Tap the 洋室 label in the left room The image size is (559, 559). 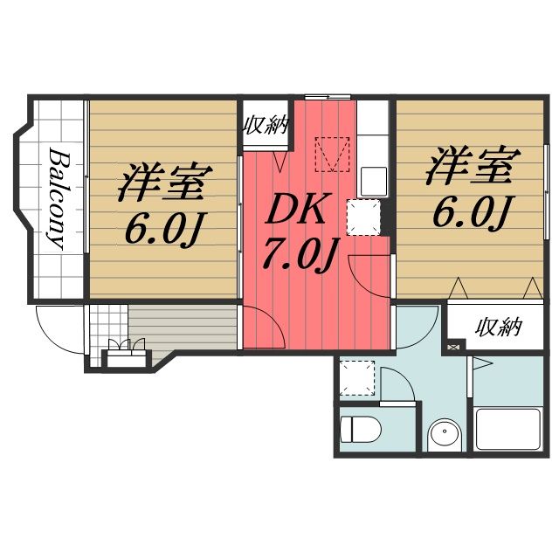click(163, 183)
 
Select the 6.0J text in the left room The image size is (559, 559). click(163, 229)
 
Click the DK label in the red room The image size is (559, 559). click(295, 210)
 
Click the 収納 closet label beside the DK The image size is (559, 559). click(266, 124)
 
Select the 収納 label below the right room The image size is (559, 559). click(499, 328)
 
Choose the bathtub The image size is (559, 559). click(509, 429)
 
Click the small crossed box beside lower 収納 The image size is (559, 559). click(452, 349)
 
